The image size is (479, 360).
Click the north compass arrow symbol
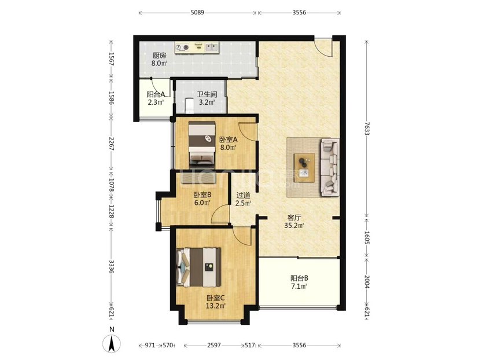pyautogui.click(x=112, y=343)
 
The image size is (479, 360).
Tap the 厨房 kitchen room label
pyautogui.click(x=160, y=56)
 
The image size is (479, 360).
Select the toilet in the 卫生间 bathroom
pyautogui.click(x=189, y=105)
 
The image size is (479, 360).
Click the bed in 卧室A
pyautogui.click(x=202, y=144)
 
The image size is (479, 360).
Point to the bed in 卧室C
pyautogui.click(x=199, y=267)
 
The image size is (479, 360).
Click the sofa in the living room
pyautogui.click(x=329, y=167)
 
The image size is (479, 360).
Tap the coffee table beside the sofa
pyautogui.click(x=304, y=168)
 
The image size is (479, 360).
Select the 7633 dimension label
pyautogui.click(x=367, y=128)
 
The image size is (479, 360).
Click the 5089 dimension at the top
pyautogui.click(x=197, y=13)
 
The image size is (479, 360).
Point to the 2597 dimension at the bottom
pyautogui.click(x=214, y=346)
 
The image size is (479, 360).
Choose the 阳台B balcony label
pyautogui.click(x=299, y=278)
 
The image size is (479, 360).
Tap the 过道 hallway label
pyautogui.click(x=244, y=195)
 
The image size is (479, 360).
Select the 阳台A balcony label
pyautogui.click(x=156, y=94)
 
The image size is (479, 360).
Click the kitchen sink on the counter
pyautogui.click(x=211, y=47)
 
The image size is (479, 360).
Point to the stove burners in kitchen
pyautogui.click(x=182, y=47)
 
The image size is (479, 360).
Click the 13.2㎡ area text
pyautogui.click(x=216, y=306)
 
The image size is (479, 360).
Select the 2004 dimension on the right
pyautogui.click(x=367, y=282)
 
